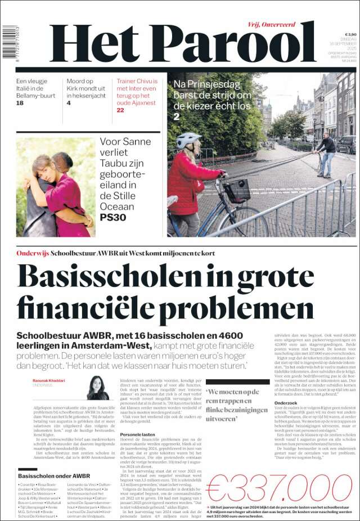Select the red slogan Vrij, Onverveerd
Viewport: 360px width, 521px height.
tap(271, 24)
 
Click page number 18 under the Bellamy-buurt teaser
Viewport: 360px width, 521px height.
tap(20, 103)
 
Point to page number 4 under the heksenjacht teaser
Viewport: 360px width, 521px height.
tap(69, 103)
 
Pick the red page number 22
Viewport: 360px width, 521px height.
tap(120, 110)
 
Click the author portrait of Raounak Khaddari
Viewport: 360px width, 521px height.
tap(98, 388)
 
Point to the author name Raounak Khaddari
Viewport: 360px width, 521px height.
tap(49, 380)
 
